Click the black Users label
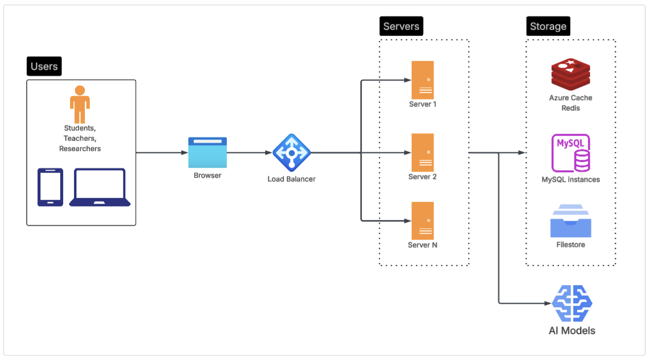(x=44, y=66)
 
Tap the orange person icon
(x=80, y=104)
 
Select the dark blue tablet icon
(x=50, y=187)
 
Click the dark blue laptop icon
(x=100, y=187)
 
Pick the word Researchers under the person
(x=80, y=148)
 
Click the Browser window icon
(x=208, y=152)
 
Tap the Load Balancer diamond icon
(x=291, y=152)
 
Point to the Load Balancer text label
(x=291, y=179)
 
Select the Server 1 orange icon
(x=423, y=80)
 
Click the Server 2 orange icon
(x=423, y=152)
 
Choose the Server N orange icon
(x=423, y=220)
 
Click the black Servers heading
(x=401, y=26)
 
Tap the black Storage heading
(x=548, y=26)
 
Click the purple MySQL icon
(x=571, y=152)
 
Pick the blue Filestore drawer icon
(x=571, y=221)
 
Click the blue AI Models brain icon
(x=572, y=303)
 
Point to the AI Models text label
(x=572, y=330)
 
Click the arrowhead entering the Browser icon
(x=184, y=152)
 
